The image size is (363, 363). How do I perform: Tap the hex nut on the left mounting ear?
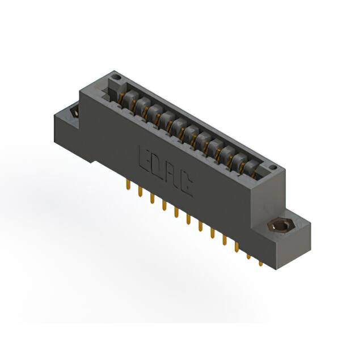74,112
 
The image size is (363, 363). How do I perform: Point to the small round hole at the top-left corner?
116,75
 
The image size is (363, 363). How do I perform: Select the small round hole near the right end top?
272,168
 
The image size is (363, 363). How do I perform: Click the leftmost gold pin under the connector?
129,187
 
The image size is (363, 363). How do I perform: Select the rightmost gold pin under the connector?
260,262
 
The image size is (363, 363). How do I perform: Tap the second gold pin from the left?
140,192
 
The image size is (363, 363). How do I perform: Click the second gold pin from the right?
248,256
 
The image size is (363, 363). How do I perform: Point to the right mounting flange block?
289,238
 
